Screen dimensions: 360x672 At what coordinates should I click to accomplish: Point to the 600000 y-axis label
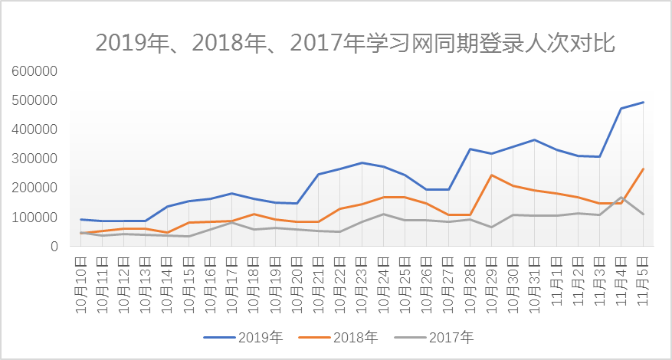[35, 71]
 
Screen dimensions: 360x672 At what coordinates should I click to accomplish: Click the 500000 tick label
[35, 100]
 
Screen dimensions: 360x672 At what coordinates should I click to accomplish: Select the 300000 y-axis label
[35, 159]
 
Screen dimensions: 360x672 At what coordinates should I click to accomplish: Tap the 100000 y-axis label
[35, 218]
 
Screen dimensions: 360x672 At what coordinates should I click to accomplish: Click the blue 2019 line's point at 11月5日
[643, 102]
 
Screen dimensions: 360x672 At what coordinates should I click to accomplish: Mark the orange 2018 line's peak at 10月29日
[491, 175]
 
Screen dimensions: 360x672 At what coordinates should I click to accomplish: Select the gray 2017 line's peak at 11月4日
[621, 197]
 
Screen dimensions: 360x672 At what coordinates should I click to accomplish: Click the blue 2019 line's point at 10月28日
[470, 149]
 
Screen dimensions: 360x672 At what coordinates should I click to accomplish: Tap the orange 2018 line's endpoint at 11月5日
[643, 169]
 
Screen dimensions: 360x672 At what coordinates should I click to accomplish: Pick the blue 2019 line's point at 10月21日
[319, 175]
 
